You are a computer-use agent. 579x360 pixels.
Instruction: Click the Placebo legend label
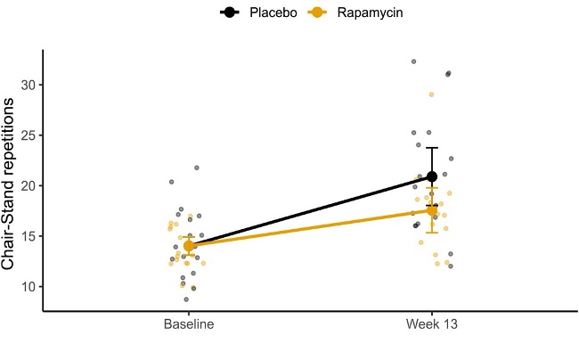pyautogui.click(x=273, y=13)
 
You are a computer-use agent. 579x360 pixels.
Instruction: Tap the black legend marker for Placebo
pyautogui.click(x=231, y=13)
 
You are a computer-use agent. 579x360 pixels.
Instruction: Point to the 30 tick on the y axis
pyautogui.click(x=27, y=85)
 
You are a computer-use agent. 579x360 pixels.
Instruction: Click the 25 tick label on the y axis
pyautogui.click(x=27, y=135)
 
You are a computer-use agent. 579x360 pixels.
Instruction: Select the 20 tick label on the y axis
pyautogui.click(x=27, y=185)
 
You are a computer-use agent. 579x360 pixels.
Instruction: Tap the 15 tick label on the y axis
pyautogui.click(x=27, y=236)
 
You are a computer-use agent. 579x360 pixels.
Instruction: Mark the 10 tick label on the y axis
pyautogui.click(x=27, y=286)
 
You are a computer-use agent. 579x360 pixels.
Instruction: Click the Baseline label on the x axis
pyautogui.click(x=188, y=325)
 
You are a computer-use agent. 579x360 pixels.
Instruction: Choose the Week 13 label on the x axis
pyautogui.click(x=432, y=325)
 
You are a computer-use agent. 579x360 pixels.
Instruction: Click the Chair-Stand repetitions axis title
pyautogui.click(x=11, y=184)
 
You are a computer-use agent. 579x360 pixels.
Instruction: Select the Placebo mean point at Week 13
pyautogui.click(x=432, y=176)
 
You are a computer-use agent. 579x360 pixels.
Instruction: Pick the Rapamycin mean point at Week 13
pyautogui.click(x=432, y=210)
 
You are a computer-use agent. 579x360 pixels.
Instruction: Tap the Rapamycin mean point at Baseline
pyautogui.click(x=189, y=245)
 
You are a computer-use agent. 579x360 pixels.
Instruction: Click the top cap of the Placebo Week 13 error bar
pyautogui.click(x=432, y=148)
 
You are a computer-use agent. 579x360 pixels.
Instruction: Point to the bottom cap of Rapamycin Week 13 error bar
pyautogui.click(x=432, y=233)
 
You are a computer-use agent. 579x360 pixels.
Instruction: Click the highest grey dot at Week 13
pyautogui.click(x=414, y=61)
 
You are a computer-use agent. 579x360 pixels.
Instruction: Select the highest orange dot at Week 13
pyautogui.click(x=431, y=94)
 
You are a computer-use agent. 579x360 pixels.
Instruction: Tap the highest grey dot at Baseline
pyautogui.click(x=197, y=168)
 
